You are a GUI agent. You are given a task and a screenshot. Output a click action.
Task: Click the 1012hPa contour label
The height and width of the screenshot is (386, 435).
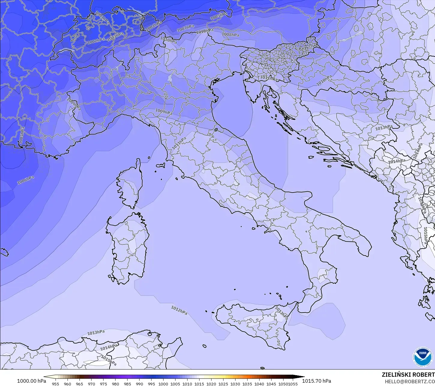(x=179, y=310)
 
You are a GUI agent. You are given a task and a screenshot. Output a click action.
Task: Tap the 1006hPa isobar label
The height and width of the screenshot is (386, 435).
(x=25, y=180)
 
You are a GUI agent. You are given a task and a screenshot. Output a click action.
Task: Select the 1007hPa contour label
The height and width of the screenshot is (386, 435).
(x=185, y=28)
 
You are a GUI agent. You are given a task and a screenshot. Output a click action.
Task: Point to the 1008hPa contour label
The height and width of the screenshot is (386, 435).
(x=230, y=34)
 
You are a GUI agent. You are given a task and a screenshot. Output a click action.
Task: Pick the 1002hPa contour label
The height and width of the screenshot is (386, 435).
(x=96, y=41)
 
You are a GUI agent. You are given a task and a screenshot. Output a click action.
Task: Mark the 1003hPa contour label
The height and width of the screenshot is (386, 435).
(x=115, y=36)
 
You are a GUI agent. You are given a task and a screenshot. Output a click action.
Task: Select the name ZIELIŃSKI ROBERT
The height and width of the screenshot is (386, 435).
(x=408, y=375)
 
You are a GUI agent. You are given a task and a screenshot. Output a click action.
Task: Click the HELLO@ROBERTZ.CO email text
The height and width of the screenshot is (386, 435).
(x=410, y=381)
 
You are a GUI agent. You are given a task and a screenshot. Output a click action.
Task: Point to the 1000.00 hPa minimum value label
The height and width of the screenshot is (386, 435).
(x=31, y=381)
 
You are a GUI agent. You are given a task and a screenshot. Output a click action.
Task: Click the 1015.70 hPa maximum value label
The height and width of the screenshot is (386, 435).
(x=316, y=381)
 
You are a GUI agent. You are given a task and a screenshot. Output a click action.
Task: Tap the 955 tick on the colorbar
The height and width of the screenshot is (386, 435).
(x=55, y=384)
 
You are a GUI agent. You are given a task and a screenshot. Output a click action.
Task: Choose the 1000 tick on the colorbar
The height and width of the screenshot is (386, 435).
(x=163, y=384)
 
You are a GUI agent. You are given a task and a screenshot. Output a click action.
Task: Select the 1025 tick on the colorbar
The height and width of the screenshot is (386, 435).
(x=223, y=384)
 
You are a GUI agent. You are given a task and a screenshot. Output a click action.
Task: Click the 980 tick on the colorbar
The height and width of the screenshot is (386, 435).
(x=115, y=384)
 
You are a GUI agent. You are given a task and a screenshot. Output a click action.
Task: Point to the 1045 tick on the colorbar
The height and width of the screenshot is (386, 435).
(x=271, y=384)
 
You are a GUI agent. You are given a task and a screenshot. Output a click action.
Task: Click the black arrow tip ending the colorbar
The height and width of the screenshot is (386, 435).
(x=301, y=377)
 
